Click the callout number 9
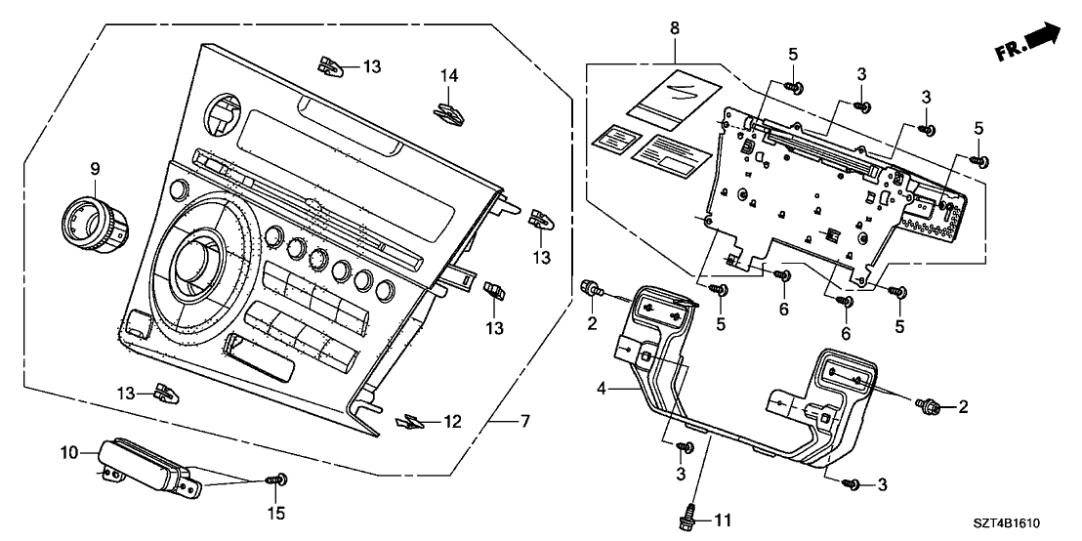coord(96,169)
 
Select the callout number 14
coord(448,75)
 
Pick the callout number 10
coord(68,452)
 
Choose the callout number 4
coord(605,390)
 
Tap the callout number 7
coord(525,422)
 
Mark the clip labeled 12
coord(413,421)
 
